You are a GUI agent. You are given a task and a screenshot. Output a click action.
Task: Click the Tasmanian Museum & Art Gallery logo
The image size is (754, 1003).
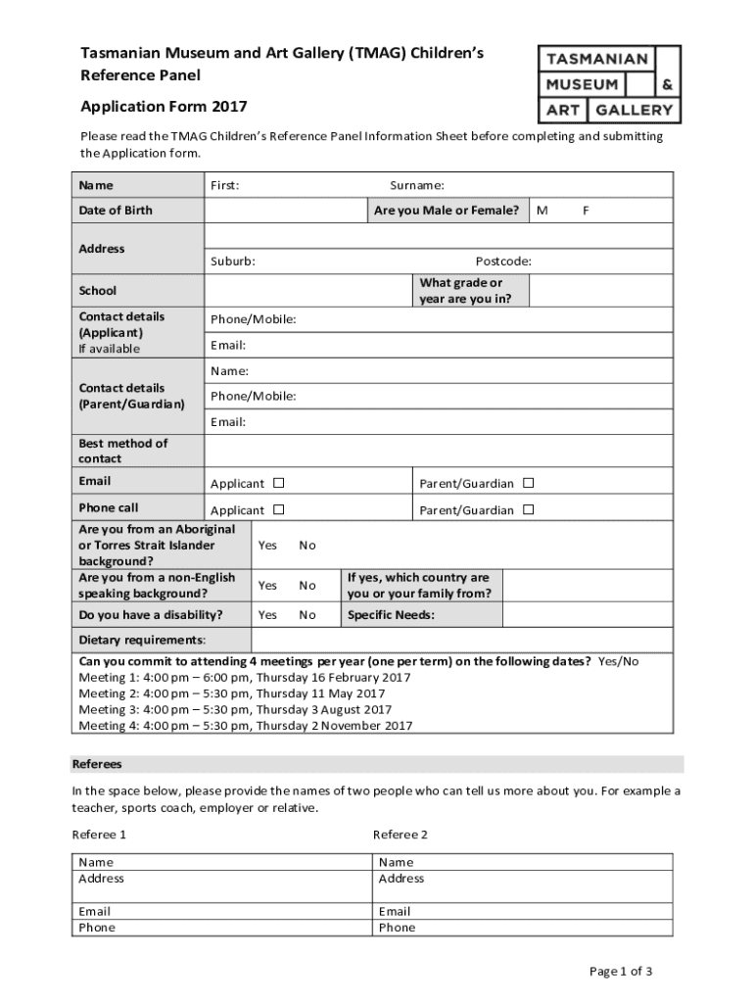coord(608,84)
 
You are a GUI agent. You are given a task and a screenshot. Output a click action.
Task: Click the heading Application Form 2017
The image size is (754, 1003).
coord(163,106)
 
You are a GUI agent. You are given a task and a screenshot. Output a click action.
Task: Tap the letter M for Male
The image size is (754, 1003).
coord(542,211)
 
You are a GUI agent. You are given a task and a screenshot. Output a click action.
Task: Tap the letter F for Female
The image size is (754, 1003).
coord(586,211)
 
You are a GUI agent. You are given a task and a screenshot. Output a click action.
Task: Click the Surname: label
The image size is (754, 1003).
coord(417,185)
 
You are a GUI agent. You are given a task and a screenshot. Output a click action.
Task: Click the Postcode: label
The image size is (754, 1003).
coord(503,262)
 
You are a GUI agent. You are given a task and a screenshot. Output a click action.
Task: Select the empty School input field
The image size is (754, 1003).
coord(307,291)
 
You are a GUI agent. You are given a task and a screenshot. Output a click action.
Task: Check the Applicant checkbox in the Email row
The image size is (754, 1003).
coord(279,483)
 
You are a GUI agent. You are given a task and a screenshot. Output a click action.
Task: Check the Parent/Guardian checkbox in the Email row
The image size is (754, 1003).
coord(528,483)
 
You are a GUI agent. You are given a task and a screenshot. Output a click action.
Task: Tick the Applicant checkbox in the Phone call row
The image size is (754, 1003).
coord(279,509)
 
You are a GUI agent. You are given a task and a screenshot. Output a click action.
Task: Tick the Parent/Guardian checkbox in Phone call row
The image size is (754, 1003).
coord(528,509)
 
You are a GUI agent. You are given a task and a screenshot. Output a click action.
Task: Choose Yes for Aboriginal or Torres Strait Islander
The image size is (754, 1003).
coord(266,546)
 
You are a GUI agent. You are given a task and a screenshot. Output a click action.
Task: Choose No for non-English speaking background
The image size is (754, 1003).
coord(307,586)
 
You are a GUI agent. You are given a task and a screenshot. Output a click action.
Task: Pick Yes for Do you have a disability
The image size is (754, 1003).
coord(266,615)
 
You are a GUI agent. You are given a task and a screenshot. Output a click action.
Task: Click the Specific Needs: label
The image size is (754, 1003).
coord(391,615)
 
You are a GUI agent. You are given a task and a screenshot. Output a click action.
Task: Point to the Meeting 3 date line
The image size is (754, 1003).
coord(235,710)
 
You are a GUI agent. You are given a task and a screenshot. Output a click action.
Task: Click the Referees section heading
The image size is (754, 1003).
coord(97,764)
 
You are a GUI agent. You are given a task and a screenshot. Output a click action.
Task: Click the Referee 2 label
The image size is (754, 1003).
coord(400,835)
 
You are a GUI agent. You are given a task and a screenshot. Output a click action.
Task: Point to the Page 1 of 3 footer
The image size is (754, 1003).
coord(620,972)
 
